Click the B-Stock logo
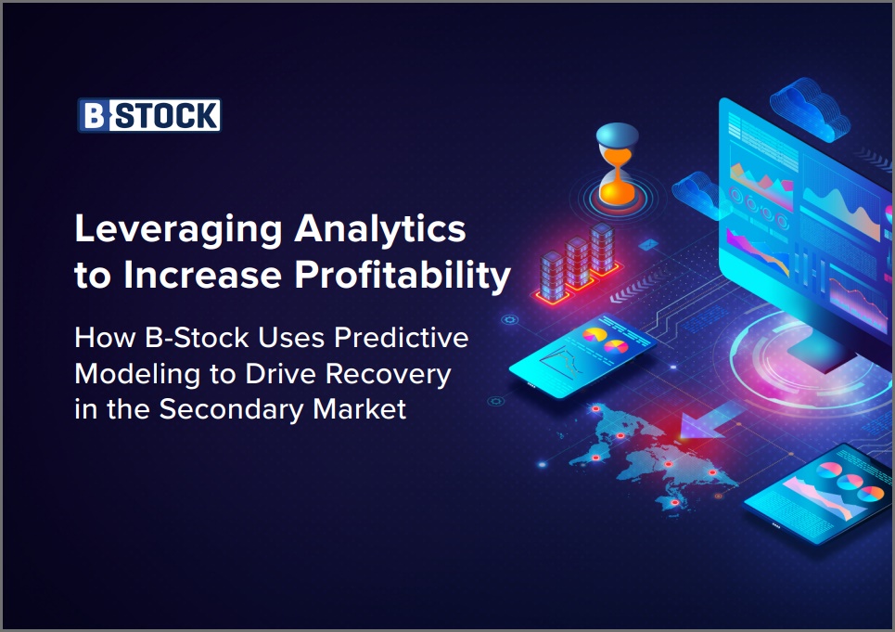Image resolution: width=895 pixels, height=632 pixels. (x=149, y=115)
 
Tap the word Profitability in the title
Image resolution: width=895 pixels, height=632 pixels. (x=403, y=276)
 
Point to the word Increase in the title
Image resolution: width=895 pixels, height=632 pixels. (x=202, y=276)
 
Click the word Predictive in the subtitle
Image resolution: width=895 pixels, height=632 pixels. (x=401, y=338)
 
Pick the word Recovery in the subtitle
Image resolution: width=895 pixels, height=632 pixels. (x=388, y=376)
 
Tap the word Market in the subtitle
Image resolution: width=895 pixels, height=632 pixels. (x=360, y=408)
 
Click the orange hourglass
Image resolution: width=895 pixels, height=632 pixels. (x=617, y=164)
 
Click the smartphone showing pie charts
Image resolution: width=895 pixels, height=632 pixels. (x=582, y=355)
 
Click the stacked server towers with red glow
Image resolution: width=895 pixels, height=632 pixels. (x=577, y=263)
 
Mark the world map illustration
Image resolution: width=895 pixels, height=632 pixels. (x=651, y=457)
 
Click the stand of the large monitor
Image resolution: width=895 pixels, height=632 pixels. (x=822, y=348)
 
